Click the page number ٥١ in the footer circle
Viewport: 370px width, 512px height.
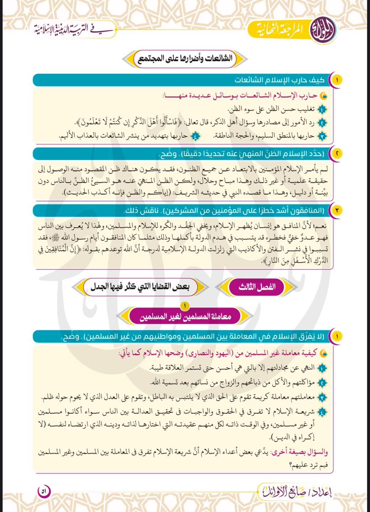point(44,492)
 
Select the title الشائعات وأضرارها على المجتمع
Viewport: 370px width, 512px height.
point(185,59)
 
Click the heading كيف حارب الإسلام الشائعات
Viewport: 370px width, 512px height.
point(279,80)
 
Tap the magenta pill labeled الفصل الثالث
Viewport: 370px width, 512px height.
point(257,287)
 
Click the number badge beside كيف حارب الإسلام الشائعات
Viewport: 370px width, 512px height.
point(336,80)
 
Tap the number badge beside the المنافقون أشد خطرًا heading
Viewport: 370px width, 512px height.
point(336,210)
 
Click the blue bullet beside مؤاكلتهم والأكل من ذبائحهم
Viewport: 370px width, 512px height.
point(322,383)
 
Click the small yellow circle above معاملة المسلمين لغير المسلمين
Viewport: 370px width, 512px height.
point(185,305)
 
